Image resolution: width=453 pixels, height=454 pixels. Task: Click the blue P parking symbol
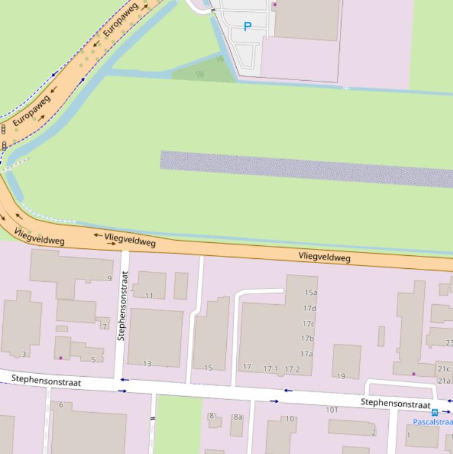tap(247, 27)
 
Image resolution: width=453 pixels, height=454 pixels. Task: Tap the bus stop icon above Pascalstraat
tap(435, 413)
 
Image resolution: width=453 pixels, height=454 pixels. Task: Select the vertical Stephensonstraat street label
tap(122, 305)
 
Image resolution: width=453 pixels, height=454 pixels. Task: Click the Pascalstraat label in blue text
tap(433, 422)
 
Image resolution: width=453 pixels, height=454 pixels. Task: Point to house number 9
tap(109, 278)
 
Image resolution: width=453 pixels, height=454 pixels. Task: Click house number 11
tap(149, 296)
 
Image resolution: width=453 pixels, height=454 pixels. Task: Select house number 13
tap(147, 364)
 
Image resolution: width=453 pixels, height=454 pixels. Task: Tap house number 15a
tap(310, 292)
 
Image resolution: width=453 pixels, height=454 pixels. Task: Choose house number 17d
tap(309, 308)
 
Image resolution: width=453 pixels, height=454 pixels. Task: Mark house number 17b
tap(307, 338)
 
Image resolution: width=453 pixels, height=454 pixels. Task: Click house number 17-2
tap(292, 370)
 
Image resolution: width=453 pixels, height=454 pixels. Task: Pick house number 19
tap(341, 376)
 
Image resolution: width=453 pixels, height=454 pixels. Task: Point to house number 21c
tap(444, 369)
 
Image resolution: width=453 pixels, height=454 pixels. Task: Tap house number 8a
tap(238, 417)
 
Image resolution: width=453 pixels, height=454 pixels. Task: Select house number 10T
tap(332, 410)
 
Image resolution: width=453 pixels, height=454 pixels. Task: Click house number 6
tap(61, 404)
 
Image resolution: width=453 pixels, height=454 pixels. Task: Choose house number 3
tap(24, 354)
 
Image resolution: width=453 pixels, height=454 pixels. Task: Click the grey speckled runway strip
tap(306, 169)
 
